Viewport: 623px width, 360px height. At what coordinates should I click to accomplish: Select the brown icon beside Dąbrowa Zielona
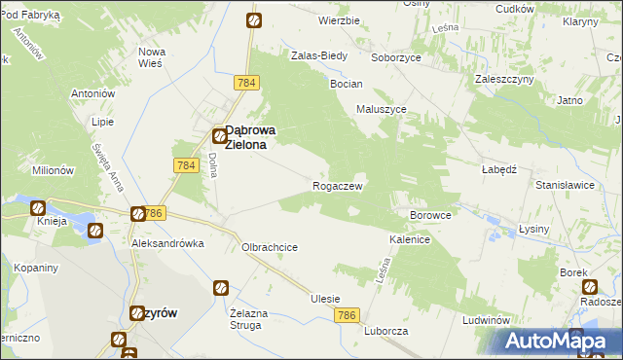[x=220, y=137]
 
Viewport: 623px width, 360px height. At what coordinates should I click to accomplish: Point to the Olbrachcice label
[x=270, y=247]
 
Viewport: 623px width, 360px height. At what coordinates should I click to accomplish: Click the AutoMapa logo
[x=555, y=341]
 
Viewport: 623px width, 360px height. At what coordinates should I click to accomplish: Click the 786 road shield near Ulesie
[x=348, y=315]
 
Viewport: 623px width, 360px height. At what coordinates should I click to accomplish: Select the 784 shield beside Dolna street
[x=187, y=166]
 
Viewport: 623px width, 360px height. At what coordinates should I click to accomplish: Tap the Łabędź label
[x=497, y=167]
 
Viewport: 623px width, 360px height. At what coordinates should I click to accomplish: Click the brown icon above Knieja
[x=37, y=207]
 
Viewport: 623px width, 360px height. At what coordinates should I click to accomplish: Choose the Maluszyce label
[x=382, y=109]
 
